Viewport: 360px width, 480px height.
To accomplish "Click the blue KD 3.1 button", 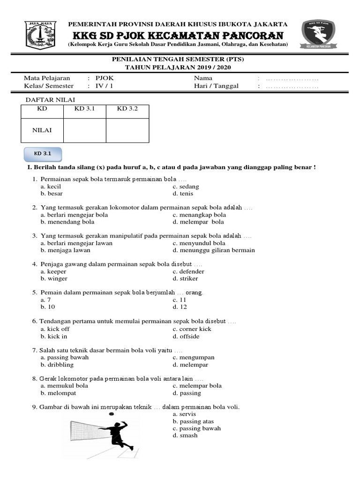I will [x=43, y=153].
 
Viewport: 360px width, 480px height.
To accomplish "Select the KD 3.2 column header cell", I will [x=127, y=109].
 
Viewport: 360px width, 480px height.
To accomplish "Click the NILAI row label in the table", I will [x=42, y=130].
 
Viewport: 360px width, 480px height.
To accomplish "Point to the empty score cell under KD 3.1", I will [x=84, y=130].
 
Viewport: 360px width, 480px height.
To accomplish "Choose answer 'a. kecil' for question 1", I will [x=51, y=187].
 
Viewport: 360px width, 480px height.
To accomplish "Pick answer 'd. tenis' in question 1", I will [x=183, y=194].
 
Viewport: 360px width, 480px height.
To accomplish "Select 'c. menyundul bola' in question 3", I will [x=199, y=243].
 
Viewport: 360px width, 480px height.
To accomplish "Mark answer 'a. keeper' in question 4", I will [x=53, y=271].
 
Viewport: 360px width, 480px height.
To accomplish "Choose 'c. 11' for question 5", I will [x=180, y=300].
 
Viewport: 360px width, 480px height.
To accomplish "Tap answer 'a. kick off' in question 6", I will [x=55, y=329].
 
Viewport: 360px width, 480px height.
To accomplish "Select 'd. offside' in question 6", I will [x=186, y=336].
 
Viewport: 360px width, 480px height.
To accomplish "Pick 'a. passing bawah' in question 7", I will [x=64, y=357].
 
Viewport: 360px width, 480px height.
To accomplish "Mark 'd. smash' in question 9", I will [x=185, y=435].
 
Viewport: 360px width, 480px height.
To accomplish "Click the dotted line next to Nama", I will [x=292, y=79].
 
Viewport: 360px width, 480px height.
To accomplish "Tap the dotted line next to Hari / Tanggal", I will [x=292, y=86].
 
